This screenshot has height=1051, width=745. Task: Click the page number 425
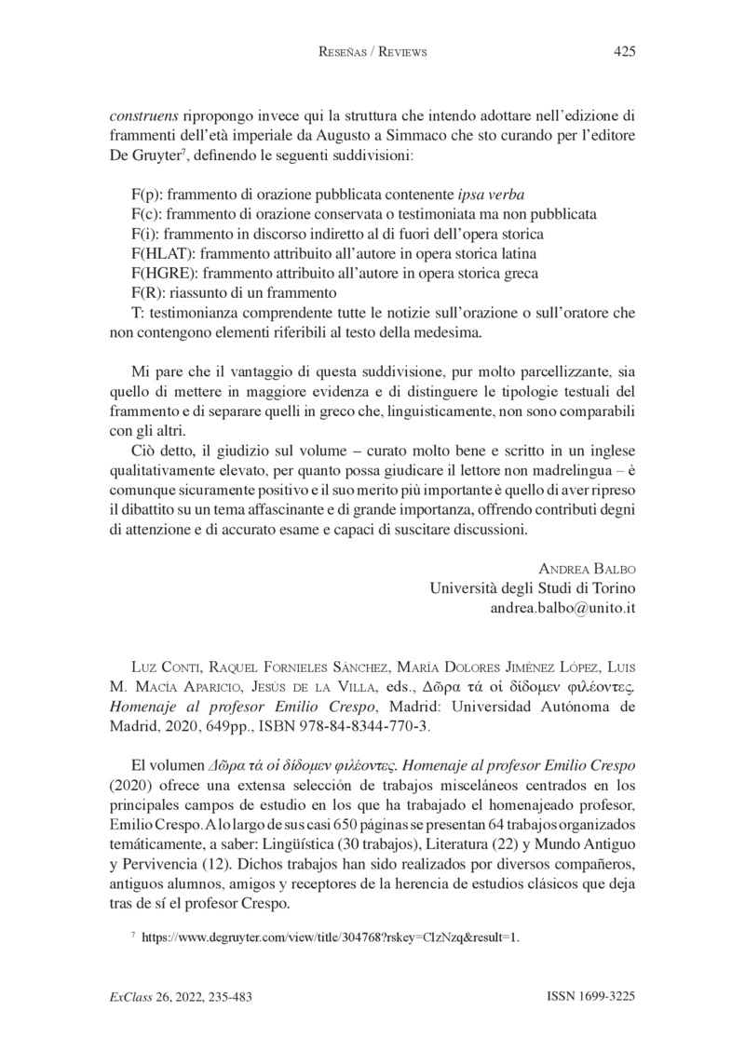tap(624, 52)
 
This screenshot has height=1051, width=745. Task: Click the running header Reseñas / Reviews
tap(372, 52)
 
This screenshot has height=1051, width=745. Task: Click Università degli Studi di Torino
tap(532, 588)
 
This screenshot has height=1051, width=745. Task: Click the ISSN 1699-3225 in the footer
tap(590, 997)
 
